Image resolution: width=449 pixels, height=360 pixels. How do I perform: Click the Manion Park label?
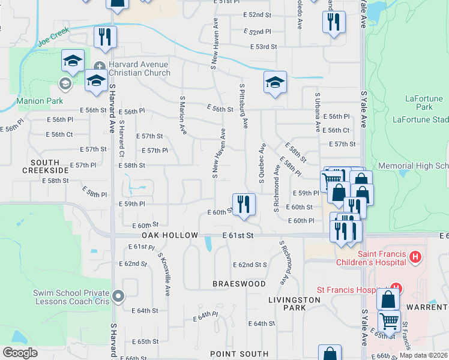coord(40,101)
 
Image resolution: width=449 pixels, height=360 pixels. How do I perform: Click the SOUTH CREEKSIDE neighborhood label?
coord(46,167)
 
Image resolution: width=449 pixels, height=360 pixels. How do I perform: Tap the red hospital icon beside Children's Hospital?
coord(414,258)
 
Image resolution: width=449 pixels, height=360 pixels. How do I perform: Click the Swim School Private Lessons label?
coord(71,297)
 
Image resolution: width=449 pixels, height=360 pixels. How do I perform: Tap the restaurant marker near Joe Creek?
coord(106,37)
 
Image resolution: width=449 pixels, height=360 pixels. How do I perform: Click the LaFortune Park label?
coord(423,103)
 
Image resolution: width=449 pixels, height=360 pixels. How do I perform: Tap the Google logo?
coord(20,353)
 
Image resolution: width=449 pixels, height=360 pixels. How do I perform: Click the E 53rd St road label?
coord(264,46)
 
